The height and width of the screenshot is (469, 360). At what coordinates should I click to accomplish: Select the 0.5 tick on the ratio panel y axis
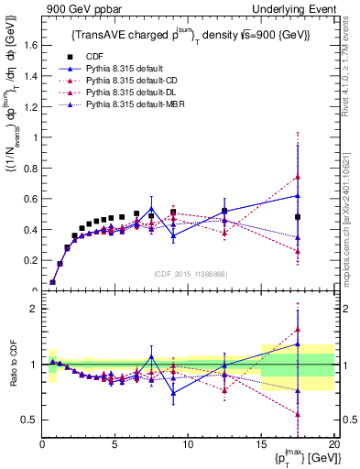(x=30, y=420)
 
